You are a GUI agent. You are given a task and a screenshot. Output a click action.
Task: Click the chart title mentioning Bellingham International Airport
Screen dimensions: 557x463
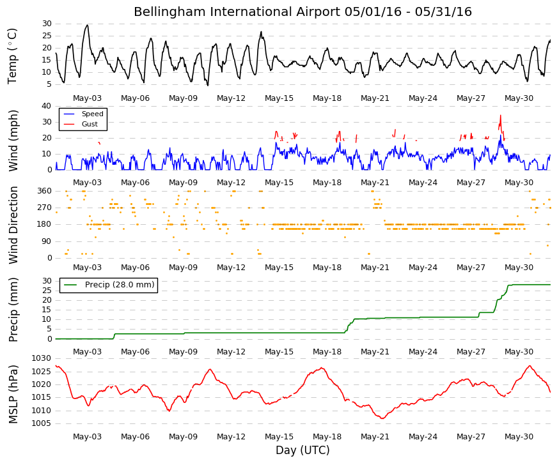pyautogui.click(x=302, y=11)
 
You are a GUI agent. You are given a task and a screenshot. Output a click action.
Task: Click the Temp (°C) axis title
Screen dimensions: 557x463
pyautogui.click(x=12, y=56)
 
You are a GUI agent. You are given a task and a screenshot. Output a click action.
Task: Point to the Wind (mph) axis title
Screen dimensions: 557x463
pyautogui.click(x=13, y=141)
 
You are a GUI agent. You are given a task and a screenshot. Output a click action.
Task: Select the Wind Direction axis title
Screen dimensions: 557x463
pyautogui.click(x=13, y=225)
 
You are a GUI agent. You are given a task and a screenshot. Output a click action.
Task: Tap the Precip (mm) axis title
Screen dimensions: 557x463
pyautogui.click(x=13, y=310)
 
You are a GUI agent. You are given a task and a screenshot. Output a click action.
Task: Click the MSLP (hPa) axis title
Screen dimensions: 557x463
pyautogui.click(x=13, y=394)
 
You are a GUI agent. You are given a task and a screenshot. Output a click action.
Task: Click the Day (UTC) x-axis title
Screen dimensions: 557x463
pyautogui.click(x=302, y=450)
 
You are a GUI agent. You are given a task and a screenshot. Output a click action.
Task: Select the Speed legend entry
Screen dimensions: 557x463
pyautogui.click(x=83, y=114)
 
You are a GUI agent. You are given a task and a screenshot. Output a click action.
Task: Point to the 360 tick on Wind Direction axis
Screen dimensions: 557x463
pyautogui.click(x=45, y=191)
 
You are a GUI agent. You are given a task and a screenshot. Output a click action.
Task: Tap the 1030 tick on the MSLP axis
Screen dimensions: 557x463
pyautogui.click(x=42, y=358)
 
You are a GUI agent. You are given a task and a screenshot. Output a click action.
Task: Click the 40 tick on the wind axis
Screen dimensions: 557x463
pyautogui.click(x=47, y=106)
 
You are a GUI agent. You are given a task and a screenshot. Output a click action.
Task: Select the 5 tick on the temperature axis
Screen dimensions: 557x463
pyautogui.click(x=49, y=84)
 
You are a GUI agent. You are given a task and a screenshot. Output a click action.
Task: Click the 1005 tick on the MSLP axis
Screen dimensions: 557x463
pyautogui.click(x=42, y=423)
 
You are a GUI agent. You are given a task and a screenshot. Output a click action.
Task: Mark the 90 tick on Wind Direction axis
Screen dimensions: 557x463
pyautogui.click(x=47, y=241)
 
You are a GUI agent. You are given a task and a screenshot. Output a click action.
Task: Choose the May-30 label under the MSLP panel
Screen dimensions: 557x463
pyautogui.click(x=519, y=437)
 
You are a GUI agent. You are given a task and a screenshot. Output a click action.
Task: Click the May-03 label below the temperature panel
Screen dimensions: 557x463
pyautogui.click(x=87, y=98)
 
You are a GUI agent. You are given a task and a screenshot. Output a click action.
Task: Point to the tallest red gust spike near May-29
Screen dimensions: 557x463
pyautogui.click(x=501, y=116)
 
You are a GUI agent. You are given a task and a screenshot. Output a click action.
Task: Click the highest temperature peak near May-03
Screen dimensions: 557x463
pyautogui.click(x=88, y=25)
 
